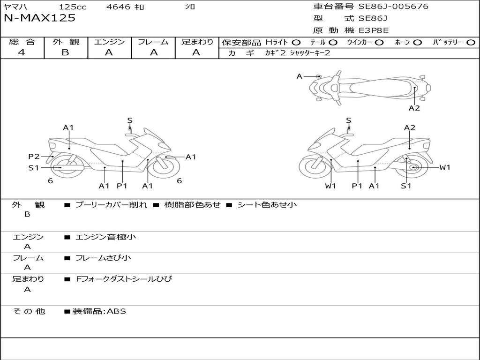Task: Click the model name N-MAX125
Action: tap(39, 18)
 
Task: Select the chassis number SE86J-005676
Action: tap(393, 7)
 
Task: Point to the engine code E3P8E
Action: tap(374, 31)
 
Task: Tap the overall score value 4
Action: tap(22, 52)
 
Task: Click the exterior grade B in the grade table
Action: tap(65, 52)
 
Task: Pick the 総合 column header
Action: tap(22, 42)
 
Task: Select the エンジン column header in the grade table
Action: tap(109, 42)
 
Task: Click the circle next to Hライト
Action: tap(296, 43)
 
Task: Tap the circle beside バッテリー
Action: tap(471, 43)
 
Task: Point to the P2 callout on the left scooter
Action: tap(34, 157)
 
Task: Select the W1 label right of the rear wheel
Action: tap(444, 167)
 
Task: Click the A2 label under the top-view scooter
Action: tap(414, 108)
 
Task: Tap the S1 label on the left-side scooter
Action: tap(34, 168)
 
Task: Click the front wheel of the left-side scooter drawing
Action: tap(166, 167)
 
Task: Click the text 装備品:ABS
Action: tap(99, 311)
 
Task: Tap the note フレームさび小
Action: tap(104, 258)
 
